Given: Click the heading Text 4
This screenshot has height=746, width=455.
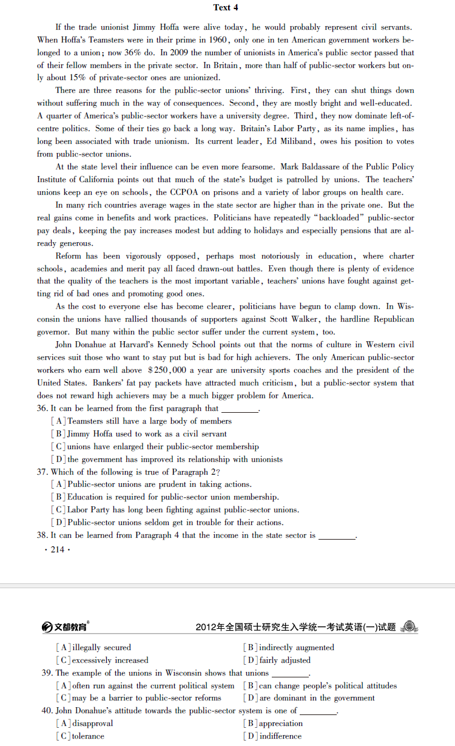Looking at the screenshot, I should (226, 7).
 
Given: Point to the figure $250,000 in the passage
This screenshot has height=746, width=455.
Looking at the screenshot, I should (167, 370).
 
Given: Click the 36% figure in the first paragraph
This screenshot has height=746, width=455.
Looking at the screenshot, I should (132, 53).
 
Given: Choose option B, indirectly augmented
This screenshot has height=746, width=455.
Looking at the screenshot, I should (289, 648).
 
